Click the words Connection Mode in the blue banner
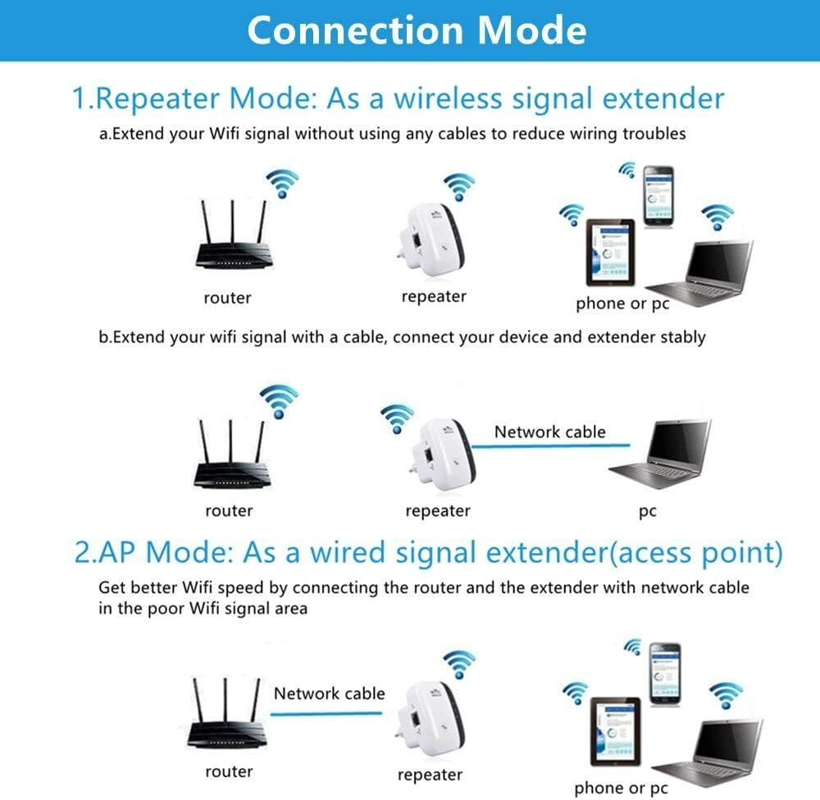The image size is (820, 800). [x=417, y=30]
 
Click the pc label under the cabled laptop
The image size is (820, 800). [x=647, y=511]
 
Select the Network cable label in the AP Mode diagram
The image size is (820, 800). [x=329, y=693]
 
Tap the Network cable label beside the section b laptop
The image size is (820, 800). [x=549, y=432]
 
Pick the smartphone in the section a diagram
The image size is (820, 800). [x=658, y=196]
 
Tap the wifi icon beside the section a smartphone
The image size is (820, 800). [x=627, y=170]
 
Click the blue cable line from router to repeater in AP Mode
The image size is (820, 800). [x=328, y=714]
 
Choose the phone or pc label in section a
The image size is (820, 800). [x=622, y=304]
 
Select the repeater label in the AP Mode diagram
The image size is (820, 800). [x=430, y=775]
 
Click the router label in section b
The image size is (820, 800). [x=229, y=511]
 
